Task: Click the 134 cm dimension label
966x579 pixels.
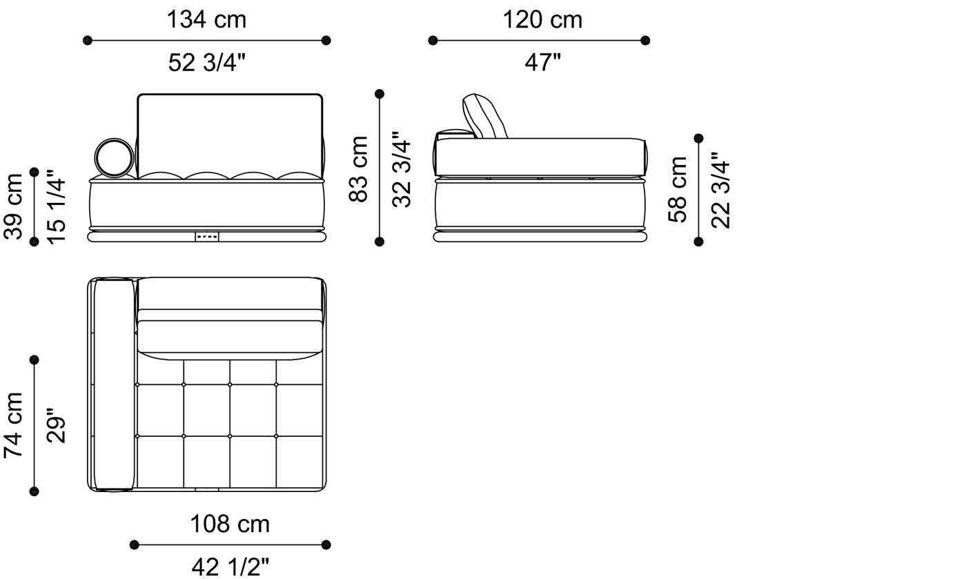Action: [x=206, y=19]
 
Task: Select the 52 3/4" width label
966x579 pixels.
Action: [x=206, y=63]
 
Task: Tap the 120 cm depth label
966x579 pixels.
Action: [x=542, y=19]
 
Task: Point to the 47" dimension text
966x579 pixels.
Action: [x=542, y=63]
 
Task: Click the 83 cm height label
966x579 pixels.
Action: [x=359, y=168]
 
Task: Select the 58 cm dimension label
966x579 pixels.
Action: [x=678, y=190]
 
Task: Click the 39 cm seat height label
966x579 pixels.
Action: [x=14, y=206]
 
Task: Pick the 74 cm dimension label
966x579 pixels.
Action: [x=14, y=425]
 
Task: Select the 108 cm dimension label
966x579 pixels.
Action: [x=230, y=524]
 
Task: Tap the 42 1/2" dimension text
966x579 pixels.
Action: [x=230, y=567]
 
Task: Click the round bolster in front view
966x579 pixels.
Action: [x=114, y=157]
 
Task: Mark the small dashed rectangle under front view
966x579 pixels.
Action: [x=207, y=237]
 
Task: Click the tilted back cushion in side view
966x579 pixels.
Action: [x=484, y=116]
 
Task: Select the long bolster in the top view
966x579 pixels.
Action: [x=114, y=384]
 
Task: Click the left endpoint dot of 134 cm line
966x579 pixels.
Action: [x=88, y=41]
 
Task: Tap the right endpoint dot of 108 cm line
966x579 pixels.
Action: [x=326, y=544]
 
